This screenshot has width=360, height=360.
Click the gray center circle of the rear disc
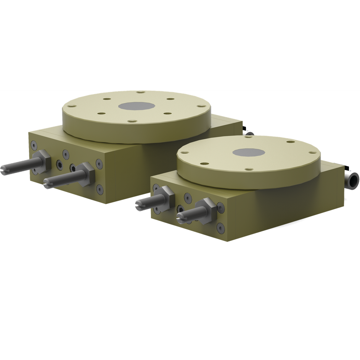pyautogui.click(x=136, y=106)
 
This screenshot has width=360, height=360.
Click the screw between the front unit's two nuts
pyautogui.click(x=188, y=198)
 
